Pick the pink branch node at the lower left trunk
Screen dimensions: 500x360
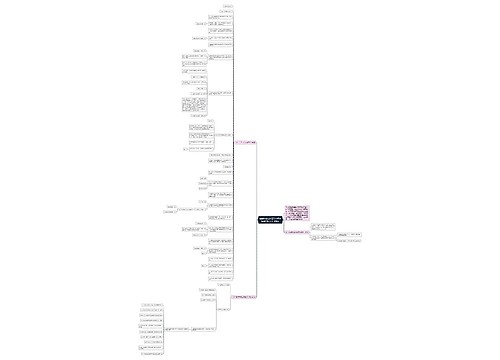point(245,296)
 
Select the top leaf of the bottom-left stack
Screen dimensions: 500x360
point(153,304)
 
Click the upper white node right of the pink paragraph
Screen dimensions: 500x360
point(326,228)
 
